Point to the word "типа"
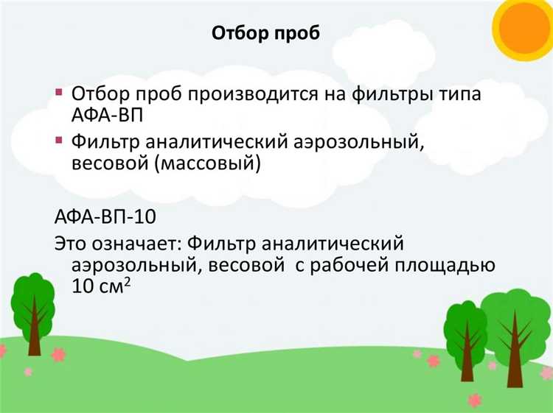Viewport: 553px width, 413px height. (x=462, y=96)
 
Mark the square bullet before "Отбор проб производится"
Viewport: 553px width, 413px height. (x=59, y=93)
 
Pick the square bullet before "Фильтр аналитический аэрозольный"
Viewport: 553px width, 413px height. (x=59, y=139)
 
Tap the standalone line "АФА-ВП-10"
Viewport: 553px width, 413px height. (x=106, y=218)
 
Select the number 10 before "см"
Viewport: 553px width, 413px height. (x=83, y=286)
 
